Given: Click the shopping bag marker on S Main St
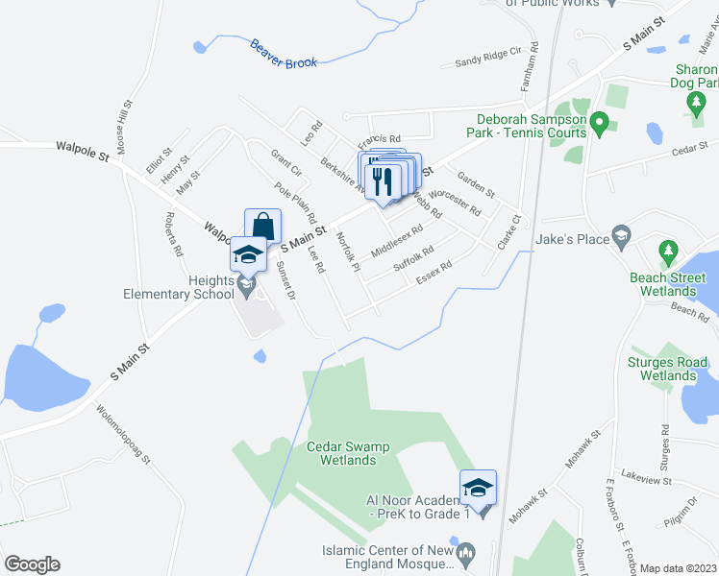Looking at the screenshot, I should (x=262, y=228).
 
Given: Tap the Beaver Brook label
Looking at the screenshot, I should (x=283, y=54).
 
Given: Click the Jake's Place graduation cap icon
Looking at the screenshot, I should (x=623, y=235).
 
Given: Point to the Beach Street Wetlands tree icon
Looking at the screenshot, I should (x=668, y=253).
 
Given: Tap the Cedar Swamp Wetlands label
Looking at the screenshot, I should (x=341, y=453).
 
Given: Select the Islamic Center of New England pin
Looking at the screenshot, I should (x=466, y=552).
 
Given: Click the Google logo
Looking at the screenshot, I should (x=32, y=564).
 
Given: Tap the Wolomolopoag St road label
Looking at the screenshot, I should (x=124, y=432).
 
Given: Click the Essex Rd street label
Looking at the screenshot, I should (x=434, y=273).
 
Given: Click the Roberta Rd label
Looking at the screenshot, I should (x=174, y=234).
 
